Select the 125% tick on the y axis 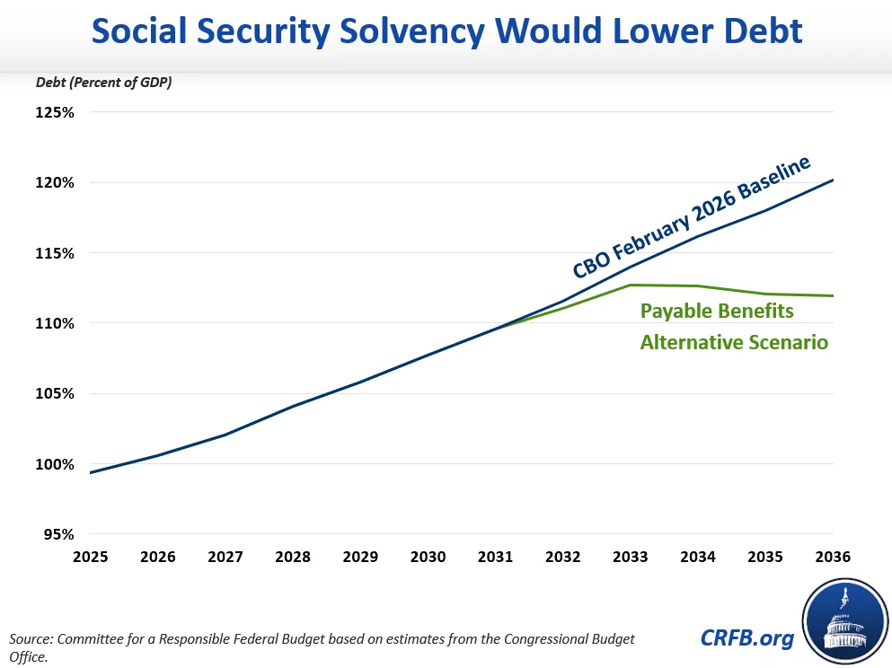(55, 112)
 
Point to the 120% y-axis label (55, 182)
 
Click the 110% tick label (55, 323)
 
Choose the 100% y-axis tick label (55, 464)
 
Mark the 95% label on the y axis (58, 534)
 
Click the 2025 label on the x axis (91, 557)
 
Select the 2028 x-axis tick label (293, 557)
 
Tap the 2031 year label (496, 557)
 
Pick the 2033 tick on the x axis (631, 557)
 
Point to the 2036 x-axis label (833, 557)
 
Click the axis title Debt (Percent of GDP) (104, 83)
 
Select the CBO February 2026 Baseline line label (692, 217)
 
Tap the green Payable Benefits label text (717, 312)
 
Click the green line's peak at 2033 (631, 285)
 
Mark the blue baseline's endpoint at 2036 (833, 180)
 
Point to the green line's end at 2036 (833, 295)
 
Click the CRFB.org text (747, 637)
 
